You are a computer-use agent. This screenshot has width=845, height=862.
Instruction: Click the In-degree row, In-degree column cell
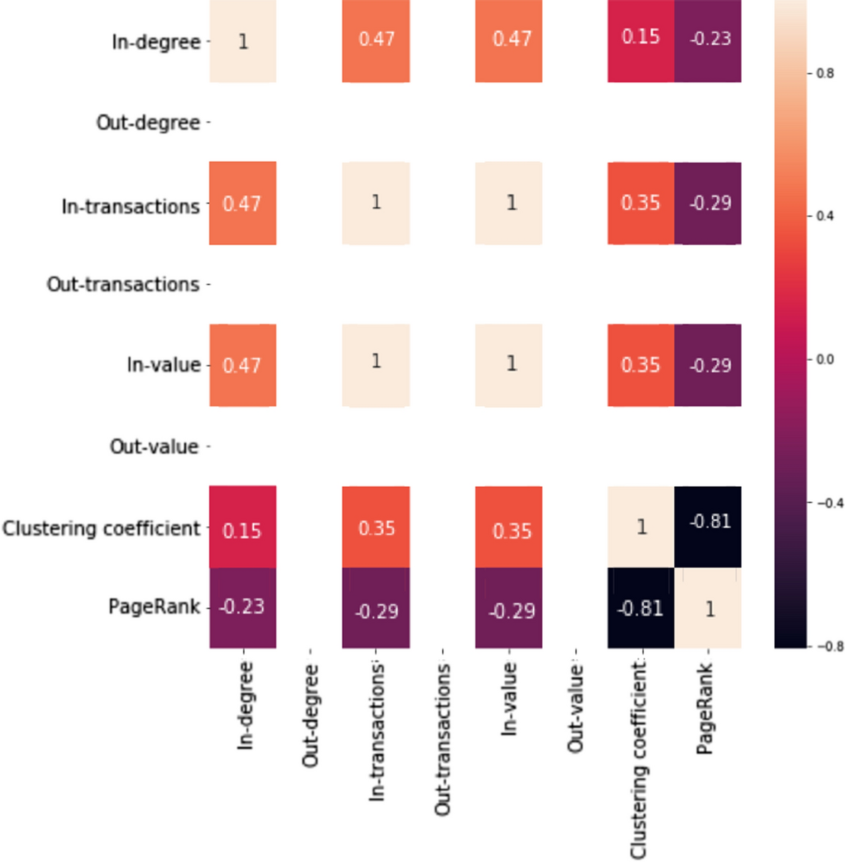243,41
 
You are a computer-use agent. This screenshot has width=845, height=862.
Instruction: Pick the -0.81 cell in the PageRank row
640,608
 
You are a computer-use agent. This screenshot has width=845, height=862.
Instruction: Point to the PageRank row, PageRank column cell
708,608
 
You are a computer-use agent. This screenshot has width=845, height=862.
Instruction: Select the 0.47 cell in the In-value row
243,365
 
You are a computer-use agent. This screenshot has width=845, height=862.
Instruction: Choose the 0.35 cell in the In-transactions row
640,203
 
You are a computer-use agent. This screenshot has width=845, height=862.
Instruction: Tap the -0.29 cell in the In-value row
708,365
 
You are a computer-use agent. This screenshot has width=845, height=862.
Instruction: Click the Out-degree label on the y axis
148,122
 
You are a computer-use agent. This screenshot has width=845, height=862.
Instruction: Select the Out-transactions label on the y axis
123,284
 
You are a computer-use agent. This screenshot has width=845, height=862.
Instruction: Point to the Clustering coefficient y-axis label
101,528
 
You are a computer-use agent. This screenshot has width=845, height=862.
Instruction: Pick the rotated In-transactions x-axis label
377,730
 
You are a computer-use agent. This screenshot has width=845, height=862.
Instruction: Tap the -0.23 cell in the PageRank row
243,608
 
